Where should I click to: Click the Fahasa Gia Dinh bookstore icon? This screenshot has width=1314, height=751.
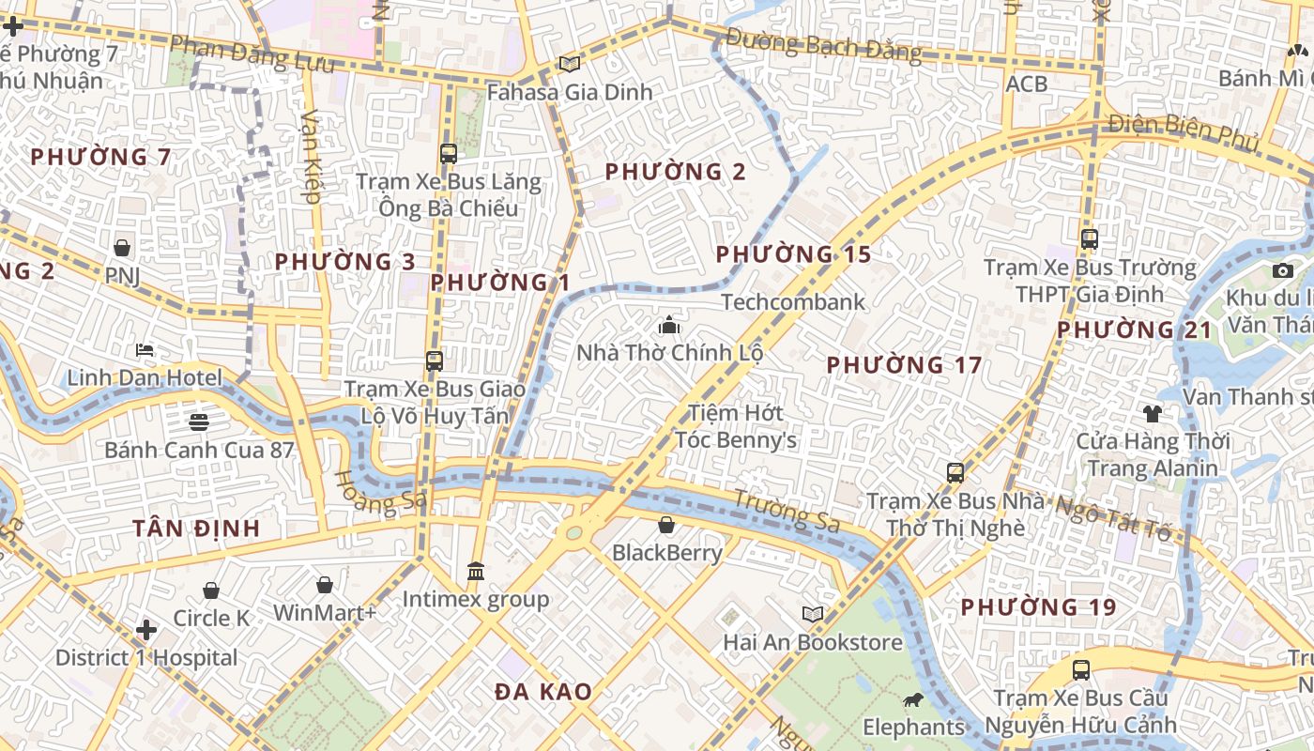point(569,64)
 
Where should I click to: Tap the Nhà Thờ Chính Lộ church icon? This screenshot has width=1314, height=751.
point(669,325)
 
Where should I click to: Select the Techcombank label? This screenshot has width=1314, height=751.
point(793,302)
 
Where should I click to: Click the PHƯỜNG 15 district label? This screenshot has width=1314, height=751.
point(793,254)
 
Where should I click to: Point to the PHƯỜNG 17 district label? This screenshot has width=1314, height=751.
point(904,365)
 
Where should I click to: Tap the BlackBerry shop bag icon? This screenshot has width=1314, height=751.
point(666,525)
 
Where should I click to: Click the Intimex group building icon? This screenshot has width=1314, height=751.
point(476,571)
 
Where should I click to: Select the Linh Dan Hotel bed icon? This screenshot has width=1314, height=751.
point(145,350)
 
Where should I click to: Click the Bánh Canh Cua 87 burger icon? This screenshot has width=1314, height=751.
point(199,421)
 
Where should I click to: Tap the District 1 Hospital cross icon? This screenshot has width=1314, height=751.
point(146,629)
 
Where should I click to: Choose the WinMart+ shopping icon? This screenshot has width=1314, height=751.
point(325,585)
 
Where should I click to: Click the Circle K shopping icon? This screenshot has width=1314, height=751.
point(211,590)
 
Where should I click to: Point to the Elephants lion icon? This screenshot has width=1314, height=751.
point(912,699)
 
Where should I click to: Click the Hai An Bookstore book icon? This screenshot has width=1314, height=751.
point(813,614)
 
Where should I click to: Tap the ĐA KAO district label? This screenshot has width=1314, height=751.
point(543,692)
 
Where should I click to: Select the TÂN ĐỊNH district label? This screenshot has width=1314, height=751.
point(196,528)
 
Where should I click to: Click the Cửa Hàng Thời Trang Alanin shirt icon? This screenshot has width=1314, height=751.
point(1152,413)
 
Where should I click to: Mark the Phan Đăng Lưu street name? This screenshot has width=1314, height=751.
point(252,54)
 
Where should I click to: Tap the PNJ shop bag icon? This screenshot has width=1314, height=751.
point(122,248)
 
